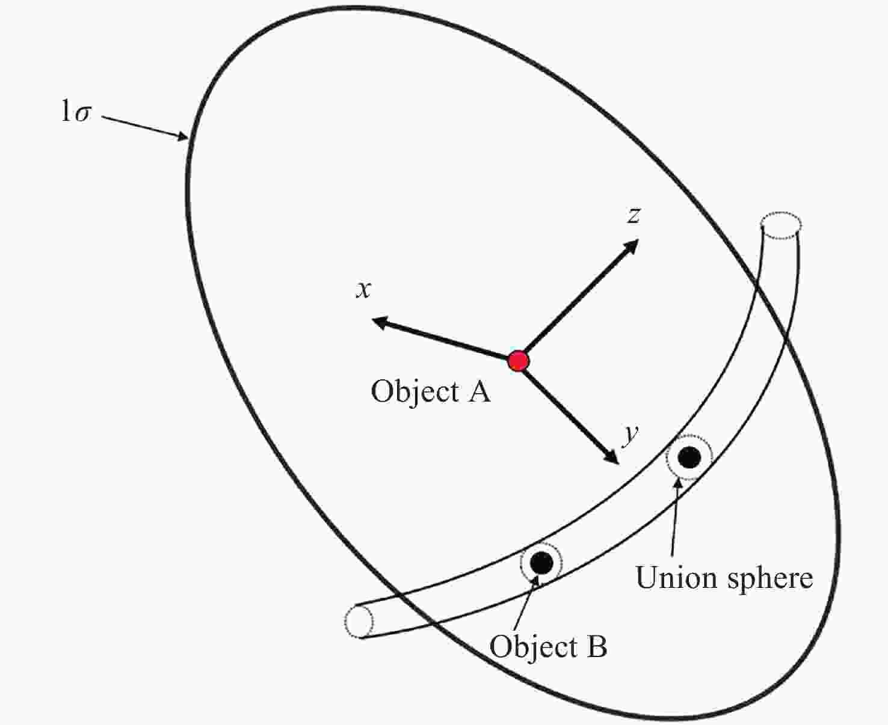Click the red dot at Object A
[518, 361]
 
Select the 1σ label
[76, 112]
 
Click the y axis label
[630, 434]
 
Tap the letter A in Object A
[479, 392]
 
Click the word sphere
[769, 579]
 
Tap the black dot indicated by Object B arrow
[541, 563]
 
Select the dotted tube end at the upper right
[780, 226]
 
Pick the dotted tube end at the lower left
[359, 621]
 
